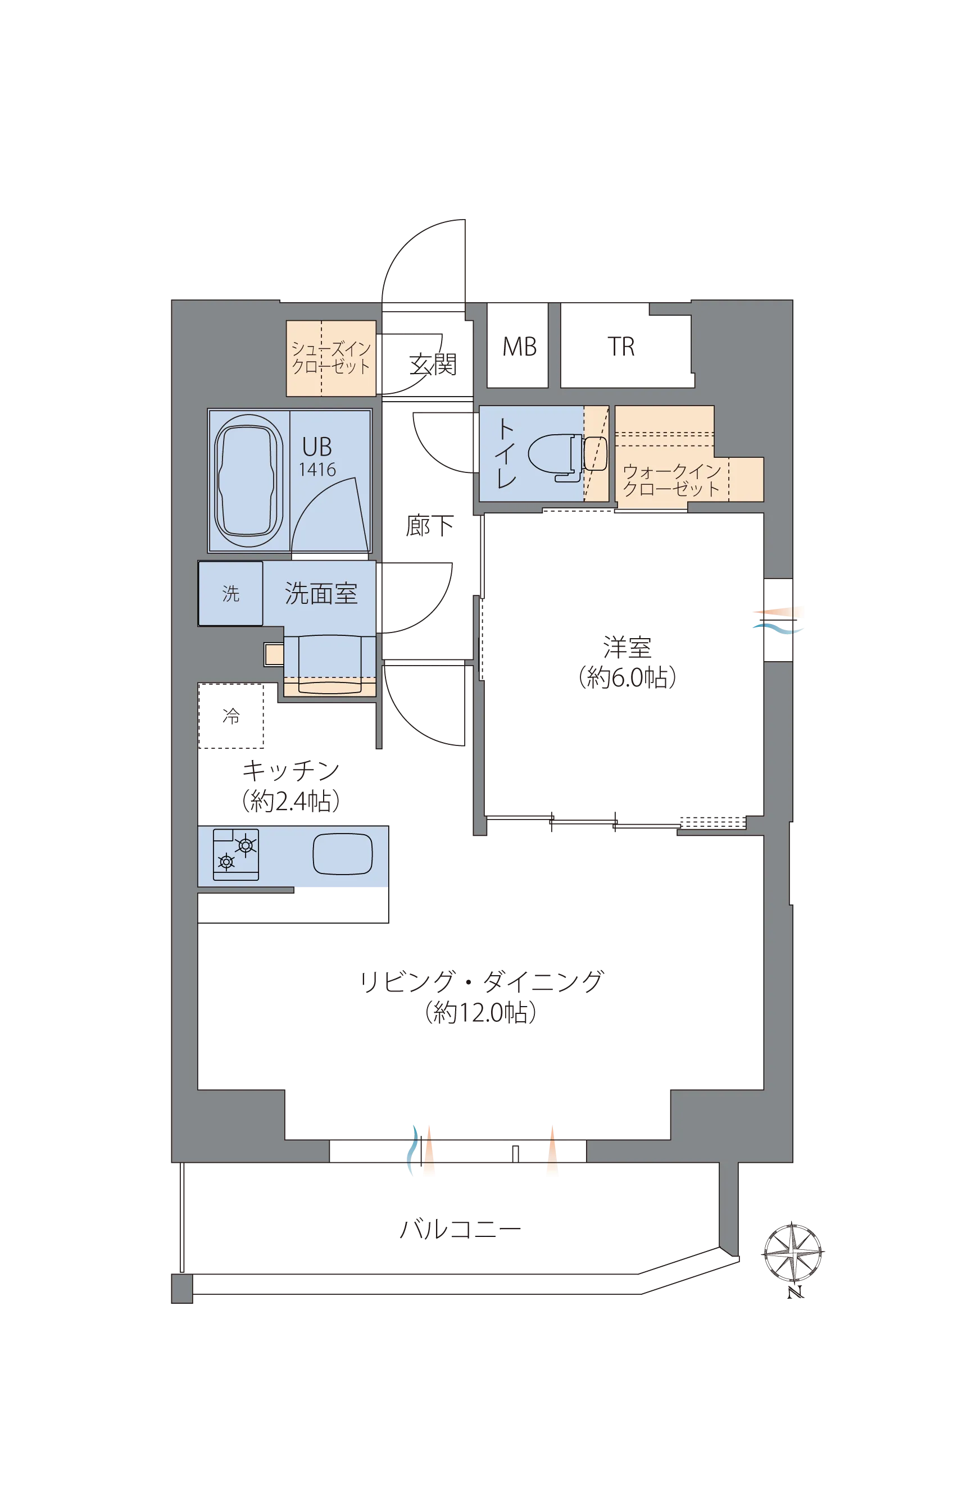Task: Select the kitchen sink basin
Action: click(x=342, y=854)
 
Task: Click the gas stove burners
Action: click(x=235, y=854)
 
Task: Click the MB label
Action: click(x=519, y=347)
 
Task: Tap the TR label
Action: click(x=621, y=347)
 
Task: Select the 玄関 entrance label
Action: click(x=433, y=364)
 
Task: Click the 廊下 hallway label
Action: click(x=429, y=525)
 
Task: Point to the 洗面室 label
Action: click(x=321, y=593)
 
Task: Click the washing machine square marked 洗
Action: click(x=230, y=593)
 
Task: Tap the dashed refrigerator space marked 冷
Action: click(x=231, y=716)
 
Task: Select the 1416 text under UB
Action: click(x=317, y=470)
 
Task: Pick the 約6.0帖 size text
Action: click(x=626, y=677)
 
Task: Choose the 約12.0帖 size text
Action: click(x=480, y=1013)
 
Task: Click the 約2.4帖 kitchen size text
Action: click(x=290, y=801)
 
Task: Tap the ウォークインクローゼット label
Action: click(x=671, y=480)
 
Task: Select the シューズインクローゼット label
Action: click(x=331, y=358)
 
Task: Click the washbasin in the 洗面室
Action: click(x=330, y=663)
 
